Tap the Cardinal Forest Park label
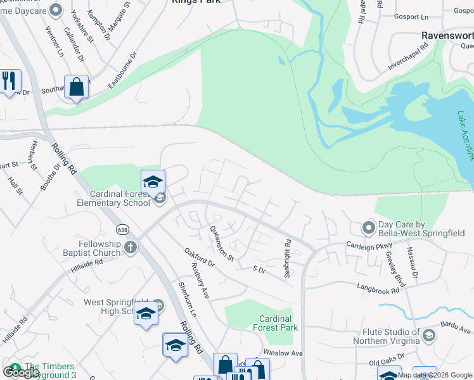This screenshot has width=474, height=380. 276,323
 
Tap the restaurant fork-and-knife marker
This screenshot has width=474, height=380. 10,81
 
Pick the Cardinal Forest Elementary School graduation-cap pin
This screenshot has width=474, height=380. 153,182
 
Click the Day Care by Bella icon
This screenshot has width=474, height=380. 368,227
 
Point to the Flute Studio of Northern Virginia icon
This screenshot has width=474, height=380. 430,335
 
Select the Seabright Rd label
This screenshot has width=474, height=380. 288,251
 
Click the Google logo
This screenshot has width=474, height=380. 21,372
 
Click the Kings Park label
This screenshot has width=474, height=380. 196,3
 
